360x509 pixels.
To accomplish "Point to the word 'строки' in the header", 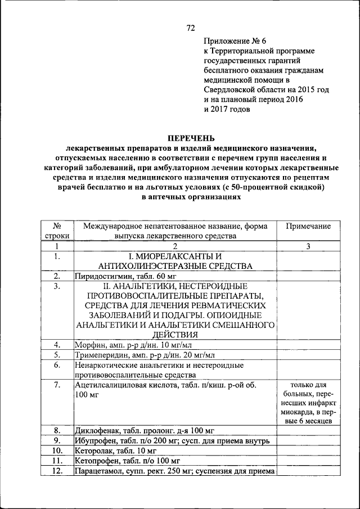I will tap(57, 236).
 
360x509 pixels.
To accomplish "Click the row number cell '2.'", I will tap(57, 276).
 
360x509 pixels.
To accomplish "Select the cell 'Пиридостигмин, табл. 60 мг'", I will tap(116, 276).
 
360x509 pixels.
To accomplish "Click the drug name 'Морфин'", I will tap(88, 344).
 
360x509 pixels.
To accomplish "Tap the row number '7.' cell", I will tap(57, 385).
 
